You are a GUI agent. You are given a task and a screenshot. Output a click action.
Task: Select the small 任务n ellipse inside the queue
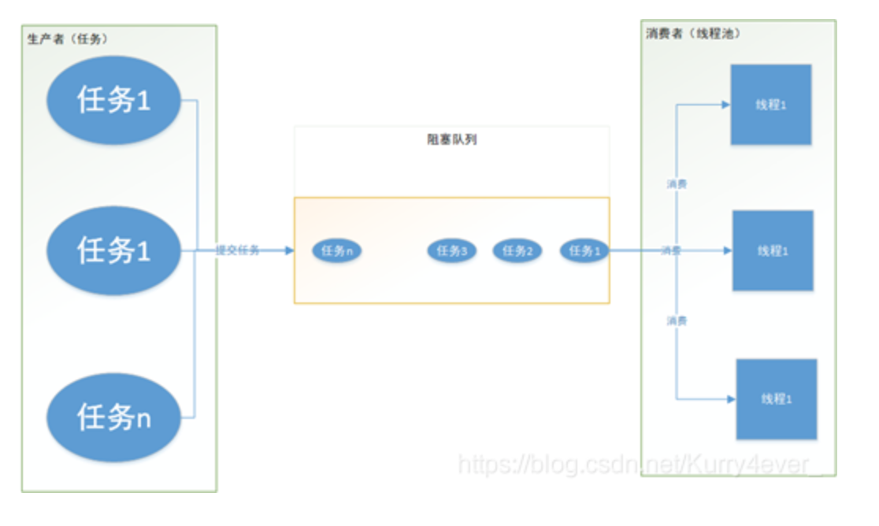point(336,251)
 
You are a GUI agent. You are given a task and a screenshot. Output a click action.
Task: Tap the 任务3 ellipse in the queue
point(452,251)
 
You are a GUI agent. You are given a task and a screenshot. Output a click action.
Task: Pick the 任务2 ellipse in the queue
point(517,251)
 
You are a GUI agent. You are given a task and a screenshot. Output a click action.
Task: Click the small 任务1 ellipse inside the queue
point(584,251)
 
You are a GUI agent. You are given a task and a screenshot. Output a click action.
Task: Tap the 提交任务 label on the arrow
point(238,251)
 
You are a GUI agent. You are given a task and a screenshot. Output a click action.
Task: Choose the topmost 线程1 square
point(771,105)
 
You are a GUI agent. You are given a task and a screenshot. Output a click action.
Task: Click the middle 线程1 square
point(773,250)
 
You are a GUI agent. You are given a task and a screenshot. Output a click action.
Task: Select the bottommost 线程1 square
point(776,399)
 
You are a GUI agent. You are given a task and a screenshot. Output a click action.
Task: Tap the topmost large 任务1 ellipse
point(114,100)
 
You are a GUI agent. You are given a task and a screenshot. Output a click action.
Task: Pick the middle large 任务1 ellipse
point(114,250)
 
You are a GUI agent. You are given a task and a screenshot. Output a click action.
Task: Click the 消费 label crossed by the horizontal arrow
point(672,251)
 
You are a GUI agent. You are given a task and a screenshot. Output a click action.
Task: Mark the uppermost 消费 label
point(677,183)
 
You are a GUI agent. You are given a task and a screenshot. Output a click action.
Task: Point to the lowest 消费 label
point(677,321)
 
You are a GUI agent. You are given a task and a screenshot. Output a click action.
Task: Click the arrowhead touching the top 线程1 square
point(725,104)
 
